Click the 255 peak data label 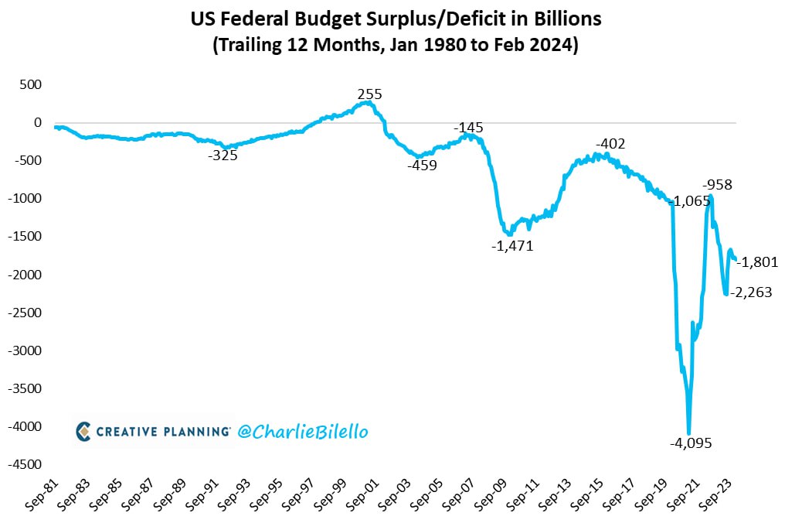pyautogui.click(x=369, y=95)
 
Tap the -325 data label pyautogui.click(x=223, y=156)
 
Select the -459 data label pyautogui.click(x=422, y=165)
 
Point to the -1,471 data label pyautogui.click(x=512, y=246)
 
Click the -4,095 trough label pyautogui.click(x=690, y=443)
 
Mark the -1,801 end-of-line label pyautogui.click(x=757, y=262)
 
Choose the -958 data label pyautogui.click(x=717, y=185)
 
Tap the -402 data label pyautogui.click(x=610, y=143)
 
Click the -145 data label pyautogui.click(x=468, y=127)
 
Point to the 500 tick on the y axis pyautogui.click(x=30, y=84)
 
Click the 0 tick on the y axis pyautogui.click(x=36, y=122)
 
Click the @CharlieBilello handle pyautogui.click(x=303, y=432)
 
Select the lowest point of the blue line pyautogui.click(x=688, y=432)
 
